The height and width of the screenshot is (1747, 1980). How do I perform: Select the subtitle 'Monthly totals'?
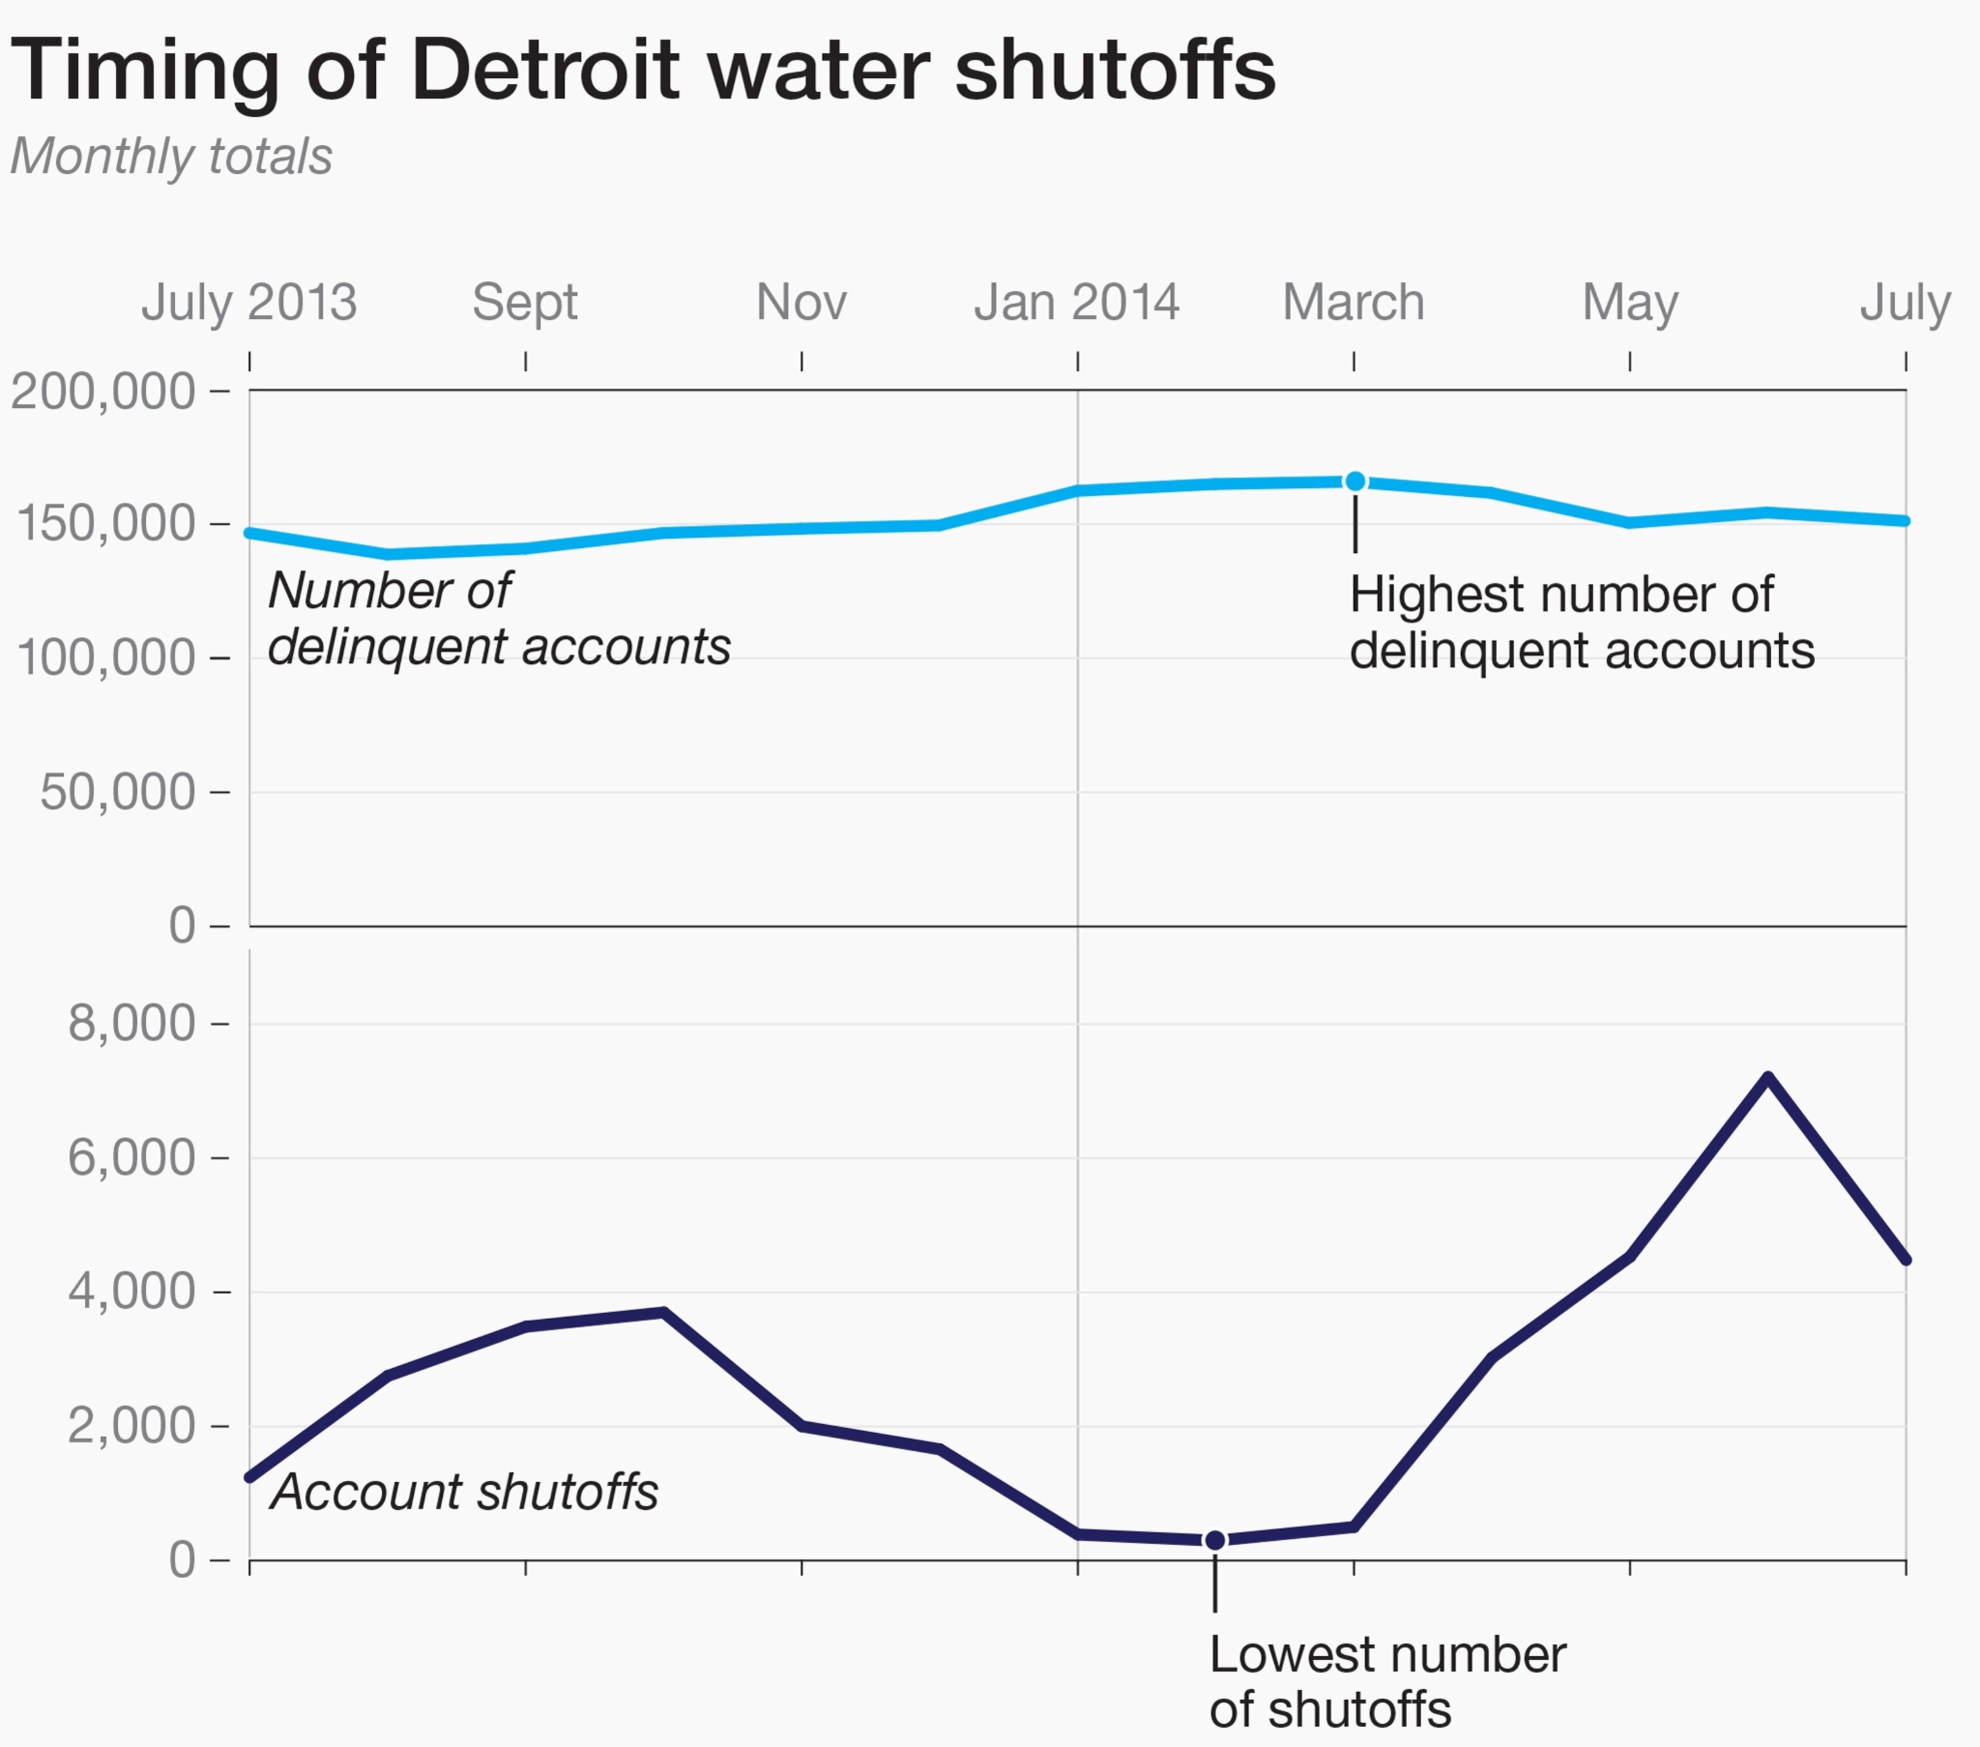pos(171,156)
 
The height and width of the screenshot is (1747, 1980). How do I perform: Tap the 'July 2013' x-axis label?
pos(249,302)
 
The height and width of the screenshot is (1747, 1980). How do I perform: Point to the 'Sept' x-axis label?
pos(525,302)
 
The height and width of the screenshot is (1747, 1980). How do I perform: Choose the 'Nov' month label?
pos(801,302)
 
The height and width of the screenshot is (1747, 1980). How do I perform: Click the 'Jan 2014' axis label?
pos(1077,302)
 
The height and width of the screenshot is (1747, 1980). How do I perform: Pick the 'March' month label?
pos(1354,302)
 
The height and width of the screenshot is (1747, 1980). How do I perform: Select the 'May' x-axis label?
pos(1629,302)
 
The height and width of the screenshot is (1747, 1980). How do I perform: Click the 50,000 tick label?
pos(118,792)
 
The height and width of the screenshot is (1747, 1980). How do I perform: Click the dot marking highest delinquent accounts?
pos(1355,481)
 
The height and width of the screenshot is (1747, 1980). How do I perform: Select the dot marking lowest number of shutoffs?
pos(1215,1539)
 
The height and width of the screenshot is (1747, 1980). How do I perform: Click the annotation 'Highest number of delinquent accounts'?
pos(1581,622)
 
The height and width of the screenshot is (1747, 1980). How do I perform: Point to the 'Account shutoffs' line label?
pos(465,1491)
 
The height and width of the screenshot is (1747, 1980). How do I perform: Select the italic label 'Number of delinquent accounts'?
pos(498,618)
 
